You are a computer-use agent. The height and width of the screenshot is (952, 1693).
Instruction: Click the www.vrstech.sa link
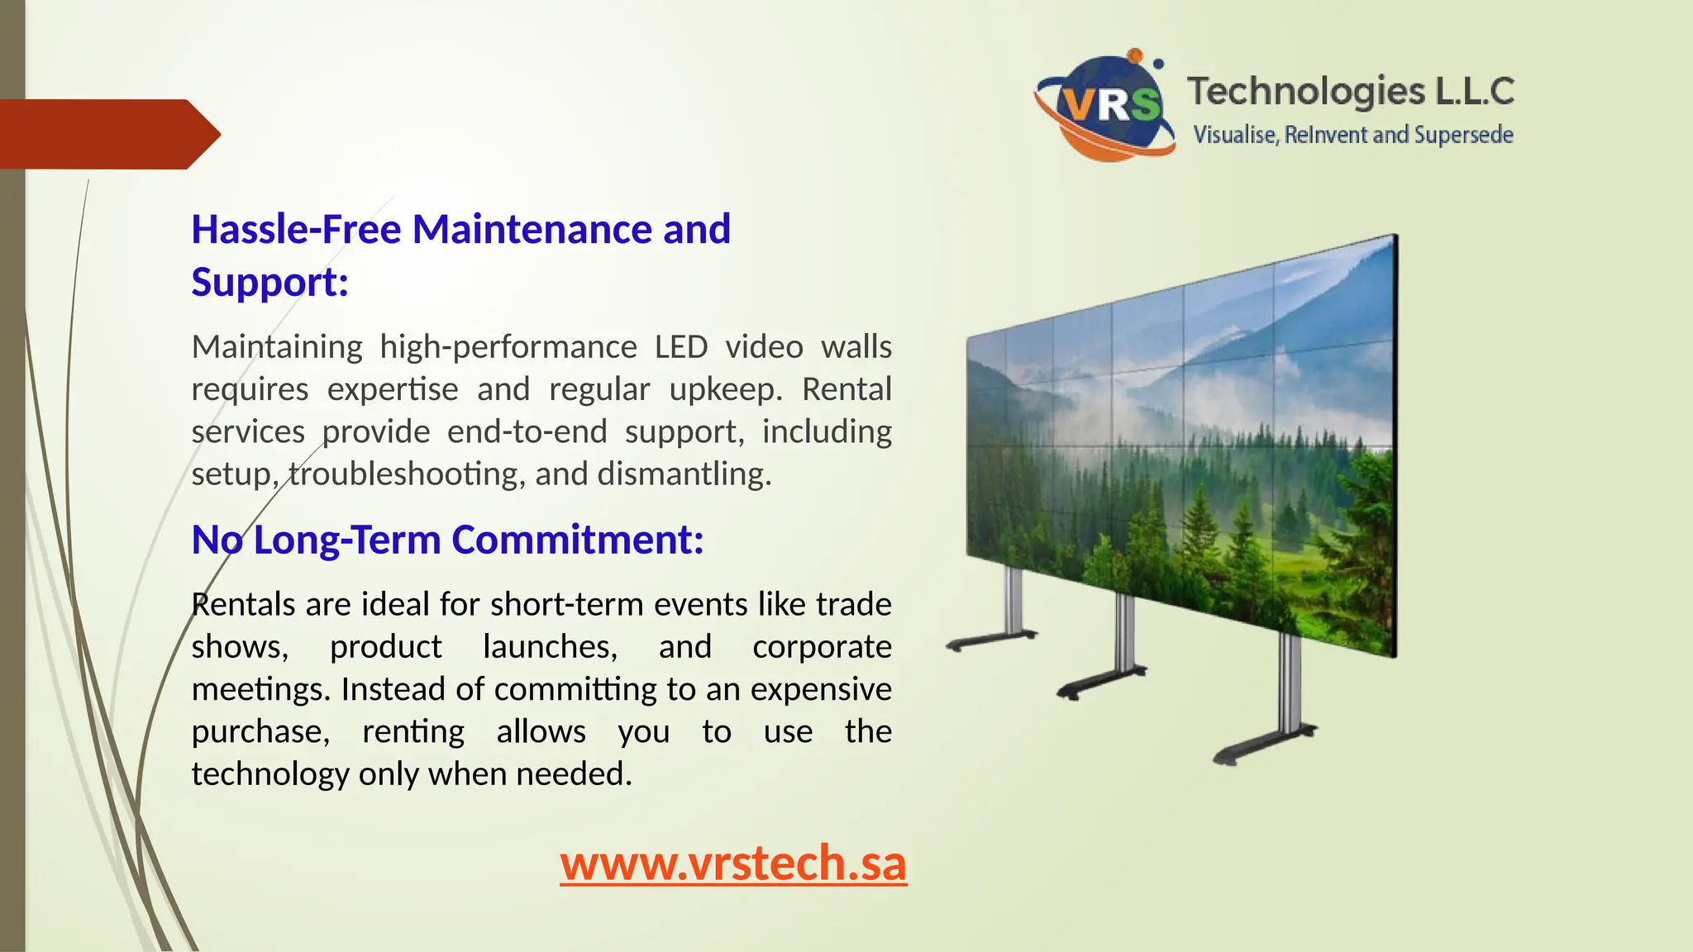point(733,864)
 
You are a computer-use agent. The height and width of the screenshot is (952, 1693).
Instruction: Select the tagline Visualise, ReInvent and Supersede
point(1353,135)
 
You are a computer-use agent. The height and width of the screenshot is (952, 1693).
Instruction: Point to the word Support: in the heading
point(269,282)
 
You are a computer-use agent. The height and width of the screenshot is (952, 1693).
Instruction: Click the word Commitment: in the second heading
point(577,540)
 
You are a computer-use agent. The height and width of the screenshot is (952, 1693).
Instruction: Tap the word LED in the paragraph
point(680,347)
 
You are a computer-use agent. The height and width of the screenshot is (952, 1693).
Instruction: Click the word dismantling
point(684,474)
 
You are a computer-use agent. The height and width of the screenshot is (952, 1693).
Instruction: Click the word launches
point(550,647)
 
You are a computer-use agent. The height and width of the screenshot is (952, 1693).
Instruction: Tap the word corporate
point(822,647)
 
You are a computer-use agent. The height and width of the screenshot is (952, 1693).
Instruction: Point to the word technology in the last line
point(270,774)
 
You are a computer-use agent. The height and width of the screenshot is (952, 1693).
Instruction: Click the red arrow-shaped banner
point(107,134)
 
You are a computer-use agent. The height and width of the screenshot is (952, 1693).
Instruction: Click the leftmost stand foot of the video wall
point(991,640)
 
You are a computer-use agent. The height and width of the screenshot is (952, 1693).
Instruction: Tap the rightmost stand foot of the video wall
point(1265,744)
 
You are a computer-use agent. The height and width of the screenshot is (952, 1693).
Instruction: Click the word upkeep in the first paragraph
point(725,389)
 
